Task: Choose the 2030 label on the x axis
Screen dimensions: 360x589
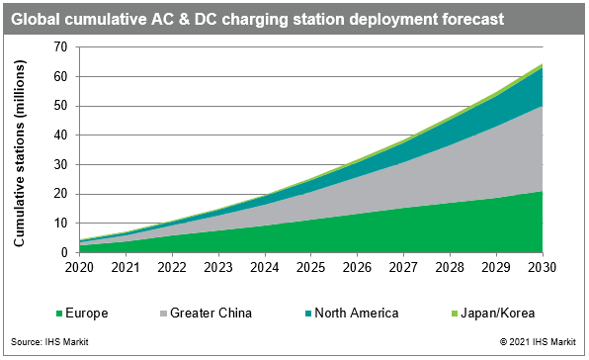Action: (x=543, y=268)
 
